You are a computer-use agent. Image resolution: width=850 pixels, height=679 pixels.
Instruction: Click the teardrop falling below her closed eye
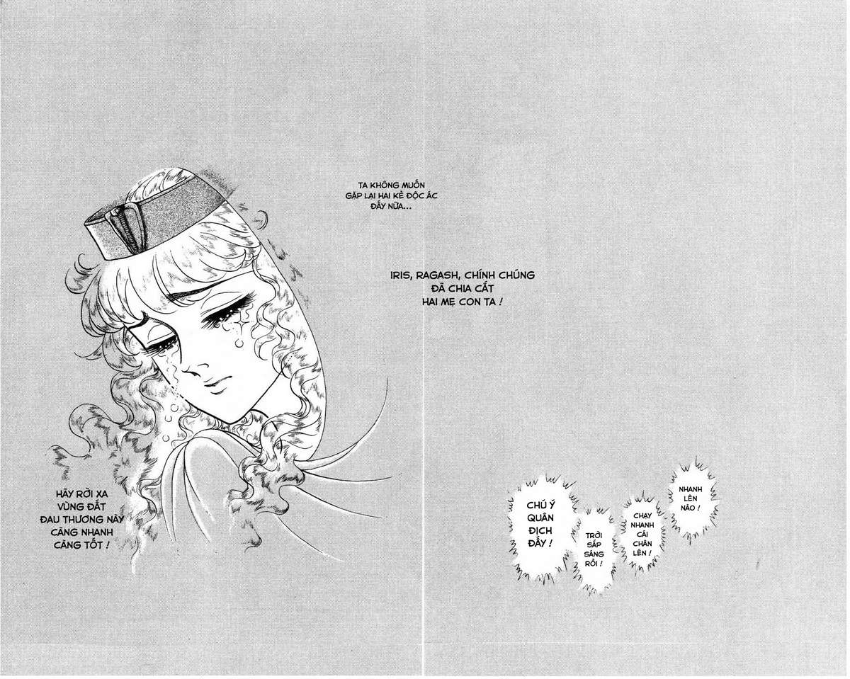[239, 343]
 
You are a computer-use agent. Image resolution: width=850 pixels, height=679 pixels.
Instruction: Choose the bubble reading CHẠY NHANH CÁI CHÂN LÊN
[642, 534]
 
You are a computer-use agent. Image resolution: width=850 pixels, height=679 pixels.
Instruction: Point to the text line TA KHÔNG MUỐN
[391, 185]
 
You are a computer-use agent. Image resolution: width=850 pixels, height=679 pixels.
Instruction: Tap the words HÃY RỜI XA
[81, 494]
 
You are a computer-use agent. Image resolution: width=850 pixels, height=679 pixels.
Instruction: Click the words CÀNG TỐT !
[81, 545]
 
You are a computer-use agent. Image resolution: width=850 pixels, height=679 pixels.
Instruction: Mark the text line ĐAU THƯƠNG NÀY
[82, 519]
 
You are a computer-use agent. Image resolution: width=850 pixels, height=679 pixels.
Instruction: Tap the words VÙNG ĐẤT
[81, 506]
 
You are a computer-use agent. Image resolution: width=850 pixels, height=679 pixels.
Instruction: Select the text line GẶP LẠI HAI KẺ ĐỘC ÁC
[391, 195]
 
